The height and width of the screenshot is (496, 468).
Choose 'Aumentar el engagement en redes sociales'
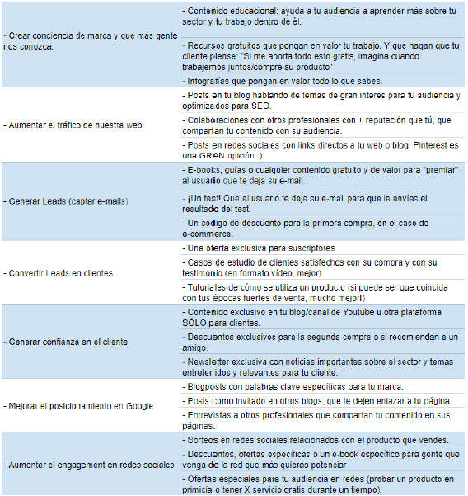point(89,465)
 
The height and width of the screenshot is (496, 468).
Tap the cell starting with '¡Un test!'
point(305,205)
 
